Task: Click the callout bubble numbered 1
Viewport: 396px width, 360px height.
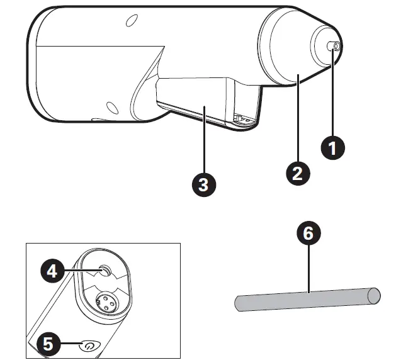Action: click(x=333, y=148)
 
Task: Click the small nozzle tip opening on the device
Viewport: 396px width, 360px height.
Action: click(x=336, y=47)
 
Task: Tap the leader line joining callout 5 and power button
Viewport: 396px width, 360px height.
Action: click(x=72, y=344)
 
